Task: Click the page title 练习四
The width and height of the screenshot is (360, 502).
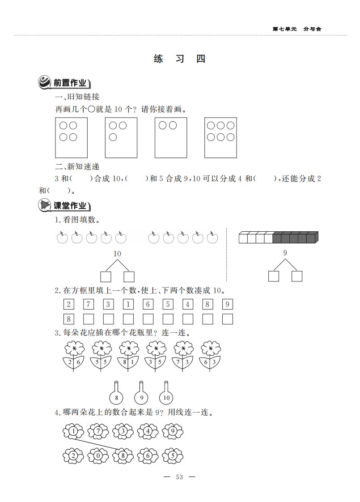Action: click(x=179, y=59)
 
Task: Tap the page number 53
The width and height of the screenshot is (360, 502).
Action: click(x=179, y=477)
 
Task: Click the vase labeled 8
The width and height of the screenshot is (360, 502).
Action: click(x=116, y=392)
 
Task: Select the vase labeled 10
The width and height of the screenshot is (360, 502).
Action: click(x=166, y=392)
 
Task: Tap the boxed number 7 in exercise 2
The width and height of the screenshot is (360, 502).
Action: click(x=88, y=304)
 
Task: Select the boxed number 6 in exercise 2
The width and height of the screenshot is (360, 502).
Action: click(x=148, y=304)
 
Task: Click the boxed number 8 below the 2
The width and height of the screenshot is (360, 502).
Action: click(x=69, y=319)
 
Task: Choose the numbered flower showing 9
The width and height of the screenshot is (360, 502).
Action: click(x=173, y=431)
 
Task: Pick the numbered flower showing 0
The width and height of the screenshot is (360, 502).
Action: click(x=98, y=455)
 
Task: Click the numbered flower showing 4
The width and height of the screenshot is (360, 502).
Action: click(x=148, y=431)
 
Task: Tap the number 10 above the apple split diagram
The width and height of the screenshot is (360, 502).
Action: click(x=117, y=254)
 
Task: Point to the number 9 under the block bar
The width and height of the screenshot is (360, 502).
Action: click(x=285, y=253)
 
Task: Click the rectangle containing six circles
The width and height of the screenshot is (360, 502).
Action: click(x=221, y=138)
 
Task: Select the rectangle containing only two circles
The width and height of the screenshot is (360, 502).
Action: click(x=171, y=138)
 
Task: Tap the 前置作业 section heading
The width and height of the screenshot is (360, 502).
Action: click(x=70, y=83)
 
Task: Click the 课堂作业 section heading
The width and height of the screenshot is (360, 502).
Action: click(x=70, y=205)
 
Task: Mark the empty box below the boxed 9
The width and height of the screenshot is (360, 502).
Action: click(x=228, y=319)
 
